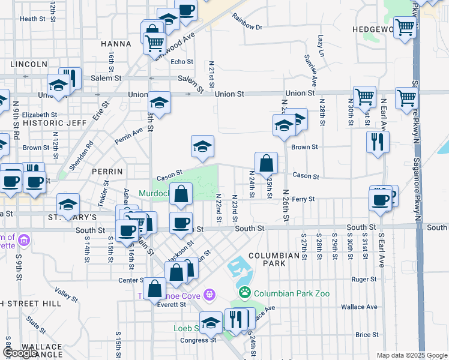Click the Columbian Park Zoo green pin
click(245, 293)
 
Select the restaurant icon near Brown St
click(378, 142)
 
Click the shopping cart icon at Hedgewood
click(405, 27)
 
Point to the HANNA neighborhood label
click(116, 44)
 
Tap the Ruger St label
click(364, 279)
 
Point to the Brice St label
click(366, 335)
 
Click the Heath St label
click(32, 19)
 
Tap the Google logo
click(20, 353)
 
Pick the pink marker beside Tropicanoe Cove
click(209, 295)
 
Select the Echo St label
click(182, 61)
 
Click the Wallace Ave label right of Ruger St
click(359, 307)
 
